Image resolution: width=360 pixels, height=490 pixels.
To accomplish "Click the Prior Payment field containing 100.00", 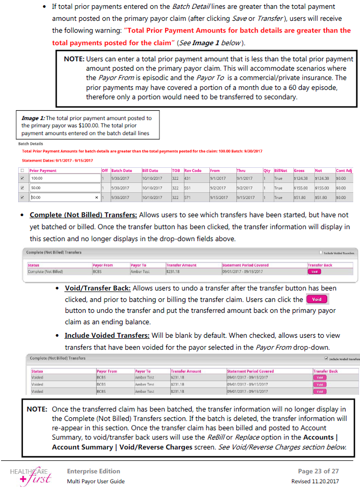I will [x=64, y=178].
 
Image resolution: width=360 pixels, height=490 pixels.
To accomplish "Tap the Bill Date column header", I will [x=151, y=170].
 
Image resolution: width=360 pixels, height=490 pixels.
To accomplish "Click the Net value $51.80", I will [x=322, y=197].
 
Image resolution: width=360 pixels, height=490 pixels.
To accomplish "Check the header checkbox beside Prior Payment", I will [x=22, y=170].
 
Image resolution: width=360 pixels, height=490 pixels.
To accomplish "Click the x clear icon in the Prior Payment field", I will [x=97, y=197].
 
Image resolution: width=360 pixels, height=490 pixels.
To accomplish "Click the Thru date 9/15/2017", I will [x=246, y=197].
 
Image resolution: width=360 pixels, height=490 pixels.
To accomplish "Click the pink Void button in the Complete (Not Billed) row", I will [x=314, y=271].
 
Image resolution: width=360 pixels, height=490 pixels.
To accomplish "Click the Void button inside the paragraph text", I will [x=317, y=300].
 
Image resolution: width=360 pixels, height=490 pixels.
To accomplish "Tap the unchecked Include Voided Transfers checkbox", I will [x=322, y=253].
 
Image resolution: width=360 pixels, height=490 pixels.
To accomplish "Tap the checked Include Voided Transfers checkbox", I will [x=326, y=359].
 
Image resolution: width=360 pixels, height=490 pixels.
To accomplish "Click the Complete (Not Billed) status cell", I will [x=45, y=271].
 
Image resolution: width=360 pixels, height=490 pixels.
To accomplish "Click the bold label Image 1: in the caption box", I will [x=33, y=118].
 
